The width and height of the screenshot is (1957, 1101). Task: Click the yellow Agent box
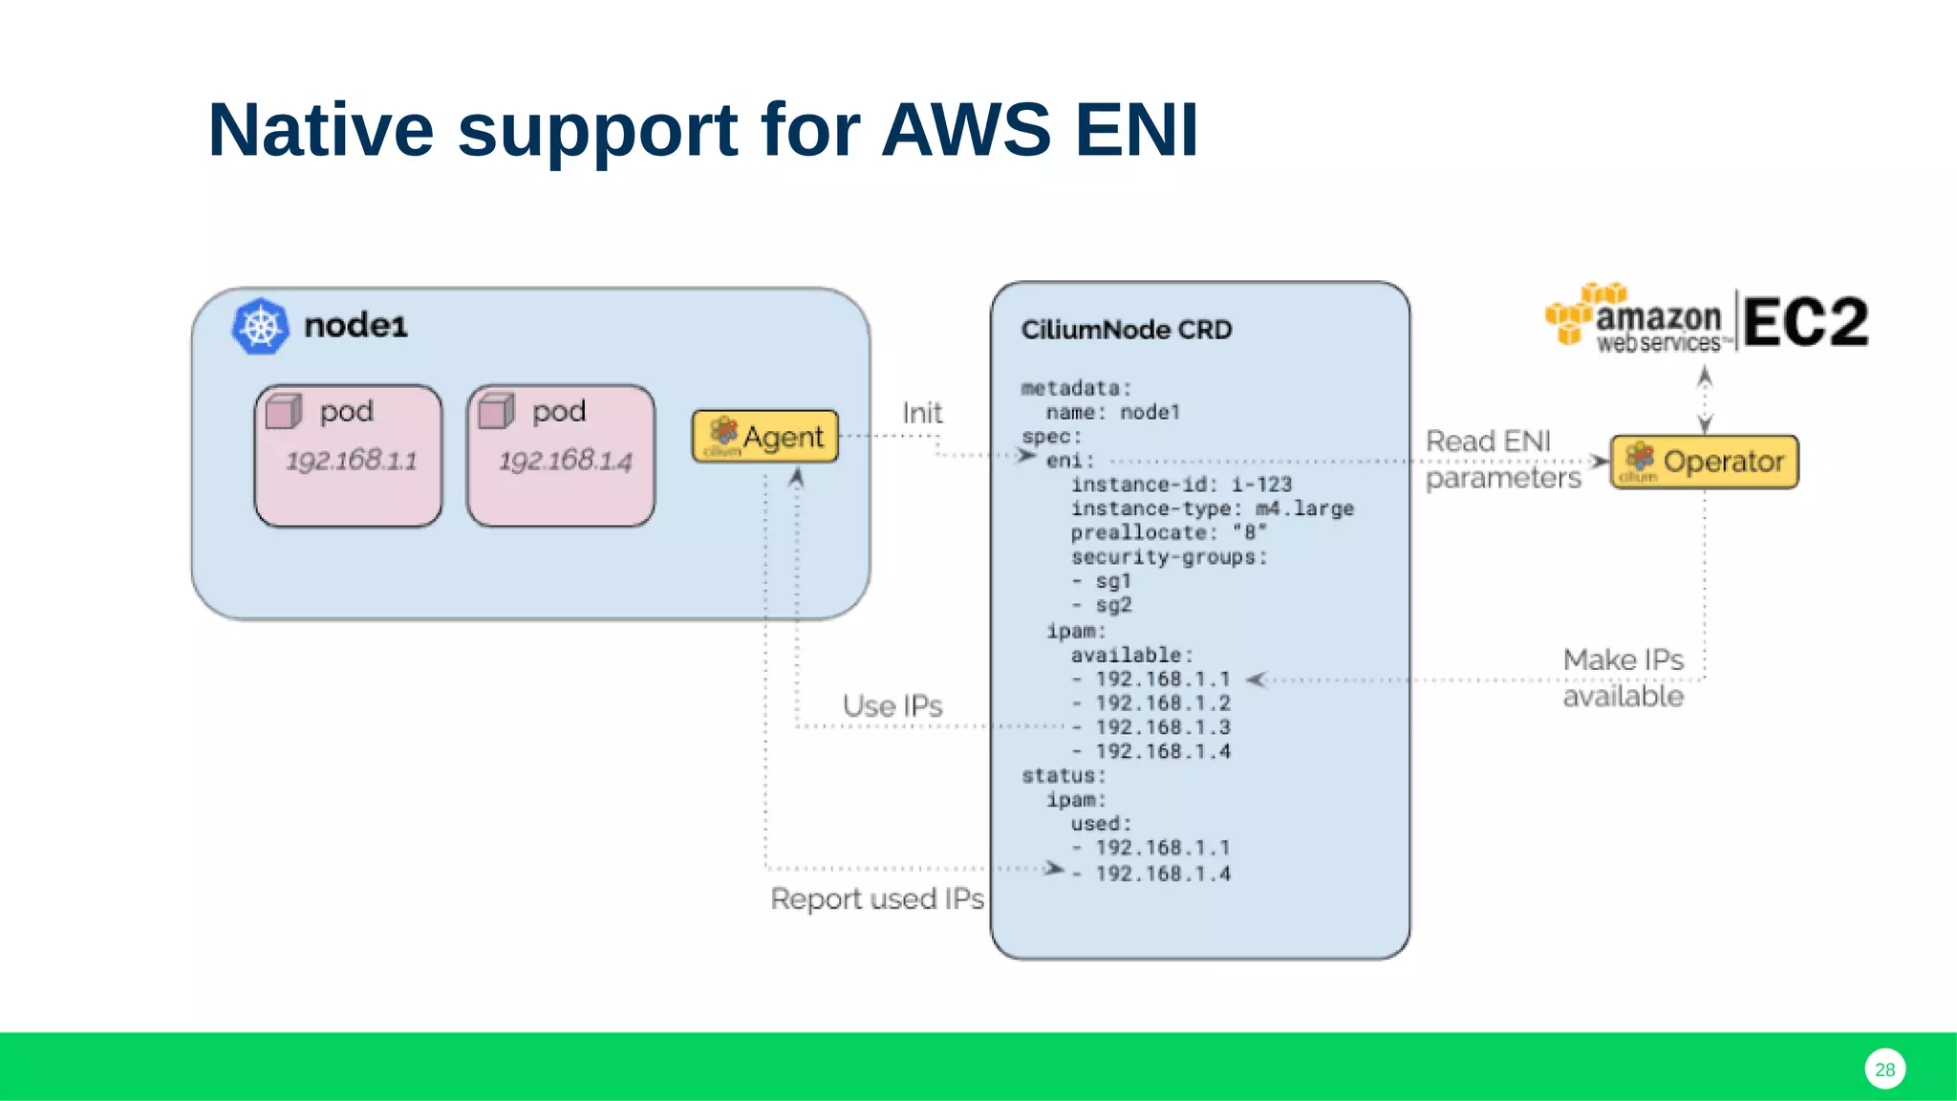[x=764, y=437]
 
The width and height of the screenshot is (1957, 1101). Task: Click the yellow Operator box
[x=1704, y=462]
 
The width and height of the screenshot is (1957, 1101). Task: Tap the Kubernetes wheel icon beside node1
[x=260, y=327]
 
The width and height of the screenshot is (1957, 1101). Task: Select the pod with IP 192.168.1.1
[x=349, y=456]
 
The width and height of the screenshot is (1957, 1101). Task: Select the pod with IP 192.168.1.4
[x=561, y=456]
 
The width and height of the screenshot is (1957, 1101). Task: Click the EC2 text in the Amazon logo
[x=1804, y=322]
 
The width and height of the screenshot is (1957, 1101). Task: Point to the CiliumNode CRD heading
[x=1126, y=330]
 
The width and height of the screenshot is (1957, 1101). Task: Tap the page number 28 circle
[x=1884, y=1069]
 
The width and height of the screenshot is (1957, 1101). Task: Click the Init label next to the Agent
[x=922, y=413]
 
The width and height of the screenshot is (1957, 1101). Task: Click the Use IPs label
[x=892, y=706]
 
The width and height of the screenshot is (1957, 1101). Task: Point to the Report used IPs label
[x=876, y=899]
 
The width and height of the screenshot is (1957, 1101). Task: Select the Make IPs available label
[x=1623, y=678]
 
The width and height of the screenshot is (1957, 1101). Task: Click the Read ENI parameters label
[x=1502, y=460]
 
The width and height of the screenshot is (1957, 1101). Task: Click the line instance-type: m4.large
[x=1212, y=508]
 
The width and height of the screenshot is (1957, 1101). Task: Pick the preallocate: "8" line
[x=1168, y=532]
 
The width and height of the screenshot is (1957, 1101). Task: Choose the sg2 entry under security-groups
[x=1112, y=605]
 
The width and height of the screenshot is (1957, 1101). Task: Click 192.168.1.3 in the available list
[x=1162, y=727]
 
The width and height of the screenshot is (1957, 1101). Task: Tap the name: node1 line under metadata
[x=1112, y=412]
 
